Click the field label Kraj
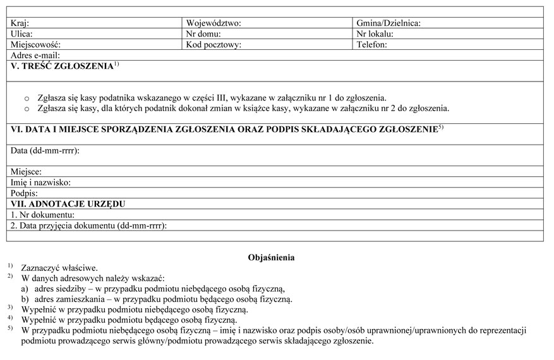pyautogui.click(x=20, y=23)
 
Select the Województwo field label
pyautogui.click(x=214, y=23)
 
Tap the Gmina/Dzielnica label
pyautogui.click(x=388, y=23)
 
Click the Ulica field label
pyautogui.click(x=22, y=34)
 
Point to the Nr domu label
pyautogui.click(x=203, y=34)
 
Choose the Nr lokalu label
pyautogui.click(x=375, y=34)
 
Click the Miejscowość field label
pyautogui.click(x=36, y=45)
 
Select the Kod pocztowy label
pyautogui.click(x=214, y=45)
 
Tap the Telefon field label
pyautogui.click(x=371, y=45)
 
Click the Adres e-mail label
pyautogui.click(x=35, y=56)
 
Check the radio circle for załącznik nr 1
pyautogui.click(x=27, y=99)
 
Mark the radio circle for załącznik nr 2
pyautogui.click(x=27, y=109)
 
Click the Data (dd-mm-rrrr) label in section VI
pyautogui.click(x=44, y=150)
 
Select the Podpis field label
pyautogui.click(x=25, y=193)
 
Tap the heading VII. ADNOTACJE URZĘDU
pyautogui.click(x=68, y=203)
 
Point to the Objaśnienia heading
pyautogui.click(x=272, y=258)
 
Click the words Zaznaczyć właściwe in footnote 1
pyautogui.click(x=59, y=268)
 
